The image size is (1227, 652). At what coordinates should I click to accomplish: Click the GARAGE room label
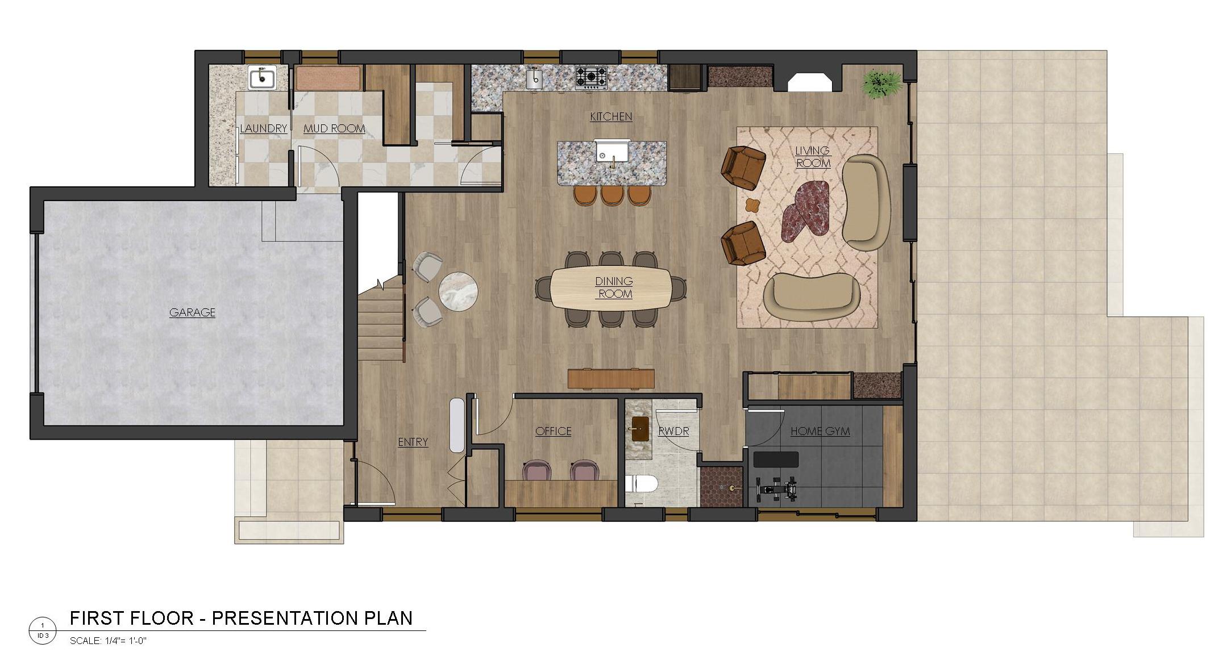tap(192, 312)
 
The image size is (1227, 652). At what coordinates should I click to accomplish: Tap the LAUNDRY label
tap(263, 128)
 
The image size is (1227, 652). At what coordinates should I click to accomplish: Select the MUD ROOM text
tap(334, 128)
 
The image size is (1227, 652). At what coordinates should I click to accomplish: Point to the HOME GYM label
tap(820, 431)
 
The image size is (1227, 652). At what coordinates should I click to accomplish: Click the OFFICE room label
tap(554, 431)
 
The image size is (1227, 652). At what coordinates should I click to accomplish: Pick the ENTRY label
tap(413, 442)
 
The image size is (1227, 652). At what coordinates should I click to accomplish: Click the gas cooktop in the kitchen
tap(591, 77)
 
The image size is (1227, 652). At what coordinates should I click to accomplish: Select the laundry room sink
tap(262, 77)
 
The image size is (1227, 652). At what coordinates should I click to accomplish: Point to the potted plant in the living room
tap(880, 84)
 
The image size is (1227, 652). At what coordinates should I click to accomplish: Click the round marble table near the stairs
tap(458, 291)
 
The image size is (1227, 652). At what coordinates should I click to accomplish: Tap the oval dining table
tap(612, 288)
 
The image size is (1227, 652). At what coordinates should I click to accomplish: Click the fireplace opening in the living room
tap(810, 82)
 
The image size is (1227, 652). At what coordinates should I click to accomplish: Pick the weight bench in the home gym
tap(776, 459)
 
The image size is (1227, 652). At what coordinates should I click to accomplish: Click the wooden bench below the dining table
tap(611, 379)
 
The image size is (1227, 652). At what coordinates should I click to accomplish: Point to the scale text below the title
tap(108, 641)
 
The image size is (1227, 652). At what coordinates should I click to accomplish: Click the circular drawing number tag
tap(43, 630)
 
